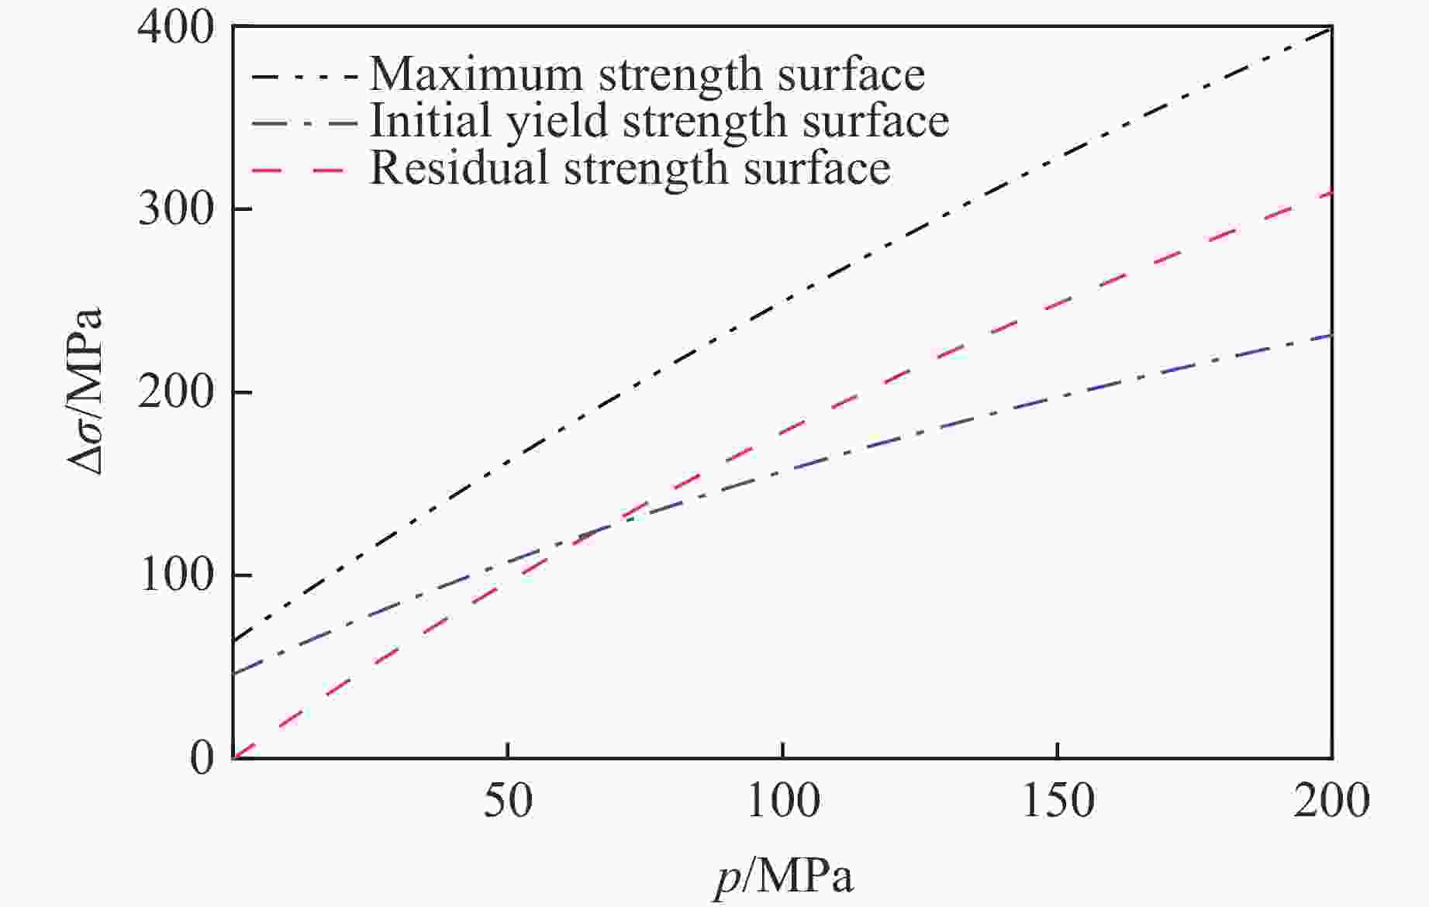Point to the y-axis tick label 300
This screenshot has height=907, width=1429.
(176, 209)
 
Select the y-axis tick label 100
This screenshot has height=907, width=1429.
(176, 576)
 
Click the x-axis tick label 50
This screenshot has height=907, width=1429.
(508, 801)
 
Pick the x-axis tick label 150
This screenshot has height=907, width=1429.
(1058, 801)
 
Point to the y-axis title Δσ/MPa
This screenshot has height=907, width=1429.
(84, 392)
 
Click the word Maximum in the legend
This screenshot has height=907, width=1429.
(475, 75)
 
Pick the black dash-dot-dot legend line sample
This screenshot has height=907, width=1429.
(304, 77)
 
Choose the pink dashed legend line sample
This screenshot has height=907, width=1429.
(298, 168)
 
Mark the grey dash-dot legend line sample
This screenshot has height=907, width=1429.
(304, 123)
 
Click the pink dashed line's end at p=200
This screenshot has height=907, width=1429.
(1331, 193)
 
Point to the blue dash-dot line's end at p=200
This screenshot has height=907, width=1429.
(1331, 335)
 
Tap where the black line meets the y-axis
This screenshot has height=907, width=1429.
(233, 642)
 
